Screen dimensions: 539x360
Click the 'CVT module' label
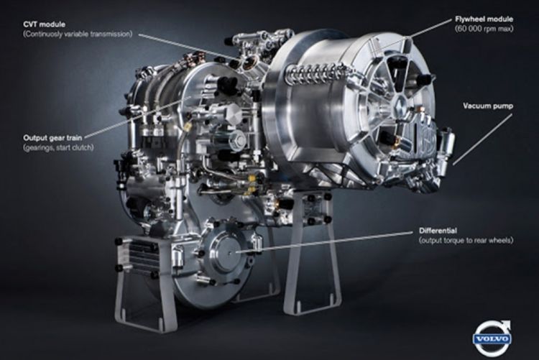pyautogui.click(x=44, y=24)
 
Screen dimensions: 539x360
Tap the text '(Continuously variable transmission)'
pyautogui.click(x=78, y=34)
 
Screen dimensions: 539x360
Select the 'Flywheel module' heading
pyautogui.click(x=484, y=19)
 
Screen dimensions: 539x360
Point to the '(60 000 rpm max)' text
pyautogui.click(x=484, y=29)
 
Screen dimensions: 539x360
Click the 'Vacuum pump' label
pyautogui.click(x=488, y=106)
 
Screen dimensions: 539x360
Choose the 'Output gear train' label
pyautogui.click(x=52, y=138)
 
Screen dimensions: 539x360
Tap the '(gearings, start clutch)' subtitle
pyautogui.click(x=58, y=147)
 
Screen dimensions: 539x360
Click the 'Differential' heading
pyautogui.click(x=438, y=231)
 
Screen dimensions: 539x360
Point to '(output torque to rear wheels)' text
pyautogui.click(x=466, y=240)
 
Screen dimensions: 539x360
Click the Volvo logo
pyautogui.click(x=492, y=338)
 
